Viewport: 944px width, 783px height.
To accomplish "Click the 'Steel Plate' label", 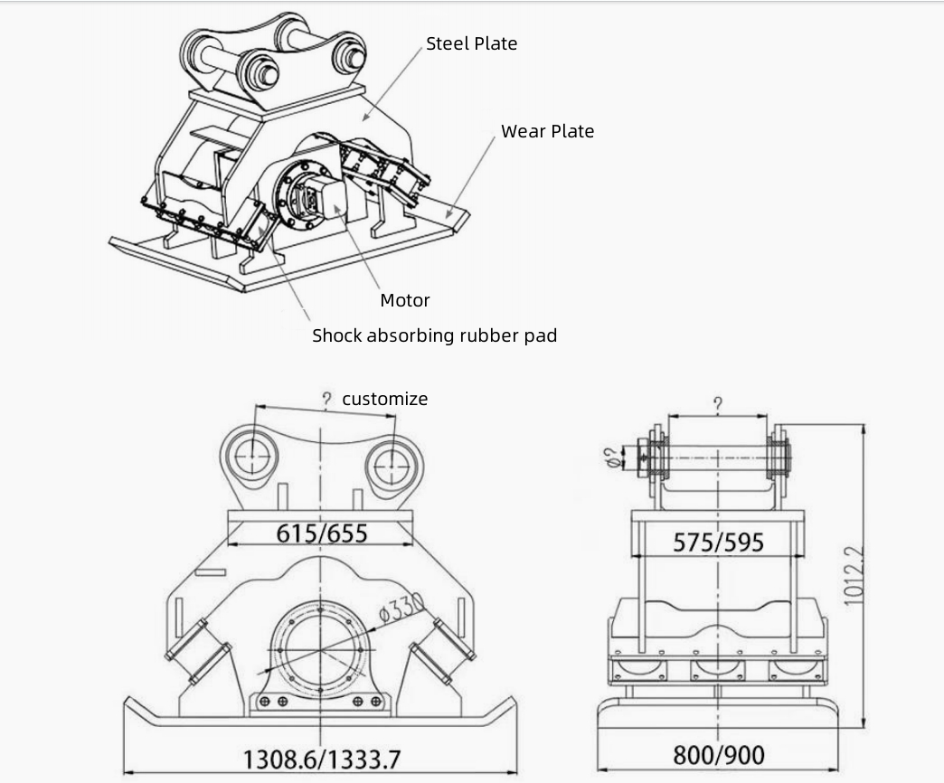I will pyautogui.click(x=471, y=43).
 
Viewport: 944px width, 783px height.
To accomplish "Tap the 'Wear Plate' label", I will pyautogui.click(x=547, y=131).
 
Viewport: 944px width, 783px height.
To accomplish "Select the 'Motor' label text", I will pyautogui.click(x=404, y=300).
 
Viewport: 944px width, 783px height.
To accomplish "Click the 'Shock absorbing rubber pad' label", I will pyautogui.click(x=434, y=335).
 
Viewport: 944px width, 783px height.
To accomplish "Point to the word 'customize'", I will pyautogui.click(x=384, y=399).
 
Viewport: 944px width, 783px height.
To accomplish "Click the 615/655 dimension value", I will pyautogui.click(x=322, y=533).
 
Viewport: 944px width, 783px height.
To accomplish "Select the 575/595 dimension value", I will pyautogui.click(x=718, y=542).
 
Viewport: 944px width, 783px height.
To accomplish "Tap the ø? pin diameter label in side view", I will pyautogui.click(x=612, y=457).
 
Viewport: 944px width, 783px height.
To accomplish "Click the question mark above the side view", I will pyautogui.click(x=717, y=404).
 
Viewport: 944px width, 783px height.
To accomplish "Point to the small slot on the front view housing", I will pyautogui.click(x=209, y=571).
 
